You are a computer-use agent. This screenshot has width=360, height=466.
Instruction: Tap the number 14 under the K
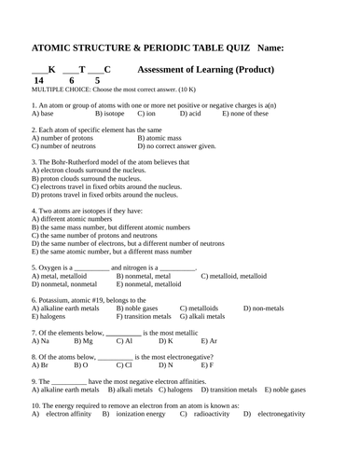coord(38,81)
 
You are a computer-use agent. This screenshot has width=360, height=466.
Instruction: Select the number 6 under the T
coord(73,81)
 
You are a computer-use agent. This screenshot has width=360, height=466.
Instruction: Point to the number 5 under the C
coord(98,81)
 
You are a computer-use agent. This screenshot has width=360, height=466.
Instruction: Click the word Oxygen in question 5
coord(49,267)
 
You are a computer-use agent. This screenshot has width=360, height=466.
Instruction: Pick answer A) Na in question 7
coord(39,341)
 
